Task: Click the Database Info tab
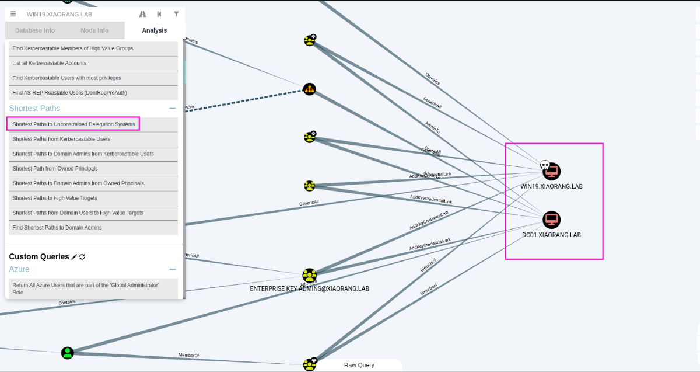(x=35, y=30)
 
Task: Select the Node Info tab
(x=94, y=30)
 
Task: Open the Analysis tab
(x=155, y=30)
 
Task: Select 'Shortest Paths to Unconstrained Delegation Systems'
(x=73, y=124)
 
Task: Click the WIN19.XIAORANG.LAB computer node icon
(x=552, y=171)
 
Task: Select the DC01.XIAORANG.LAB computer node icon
(x=552, y=220)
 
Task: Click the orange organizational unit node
(x=309, y=89)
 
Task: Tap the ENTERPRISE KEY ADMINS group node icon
(x=309, y=276)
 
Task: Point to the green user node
(x=68, y=353)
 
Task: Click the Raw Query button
(x=359, y=365)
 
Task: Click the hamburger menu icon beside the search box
(x=13, y=14)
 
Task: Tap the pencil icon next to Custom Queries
(x=74, y=257)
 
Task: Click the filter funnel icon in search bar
(x=176, y=14)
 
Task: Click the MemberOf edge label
(x=189, y=356)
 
